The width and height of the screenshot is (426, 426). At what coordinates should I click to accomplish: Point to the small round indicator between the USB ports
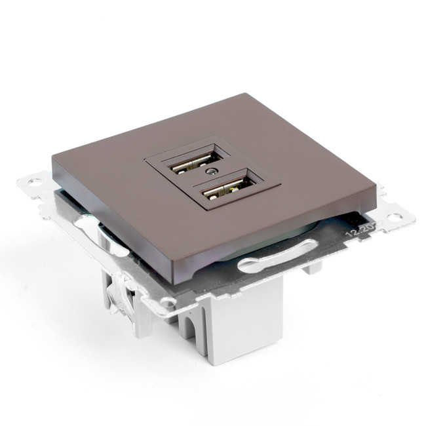pos(209,172)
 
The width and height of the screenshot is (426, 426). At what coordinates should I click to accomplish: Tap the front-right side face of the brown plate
pos(275,239)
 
